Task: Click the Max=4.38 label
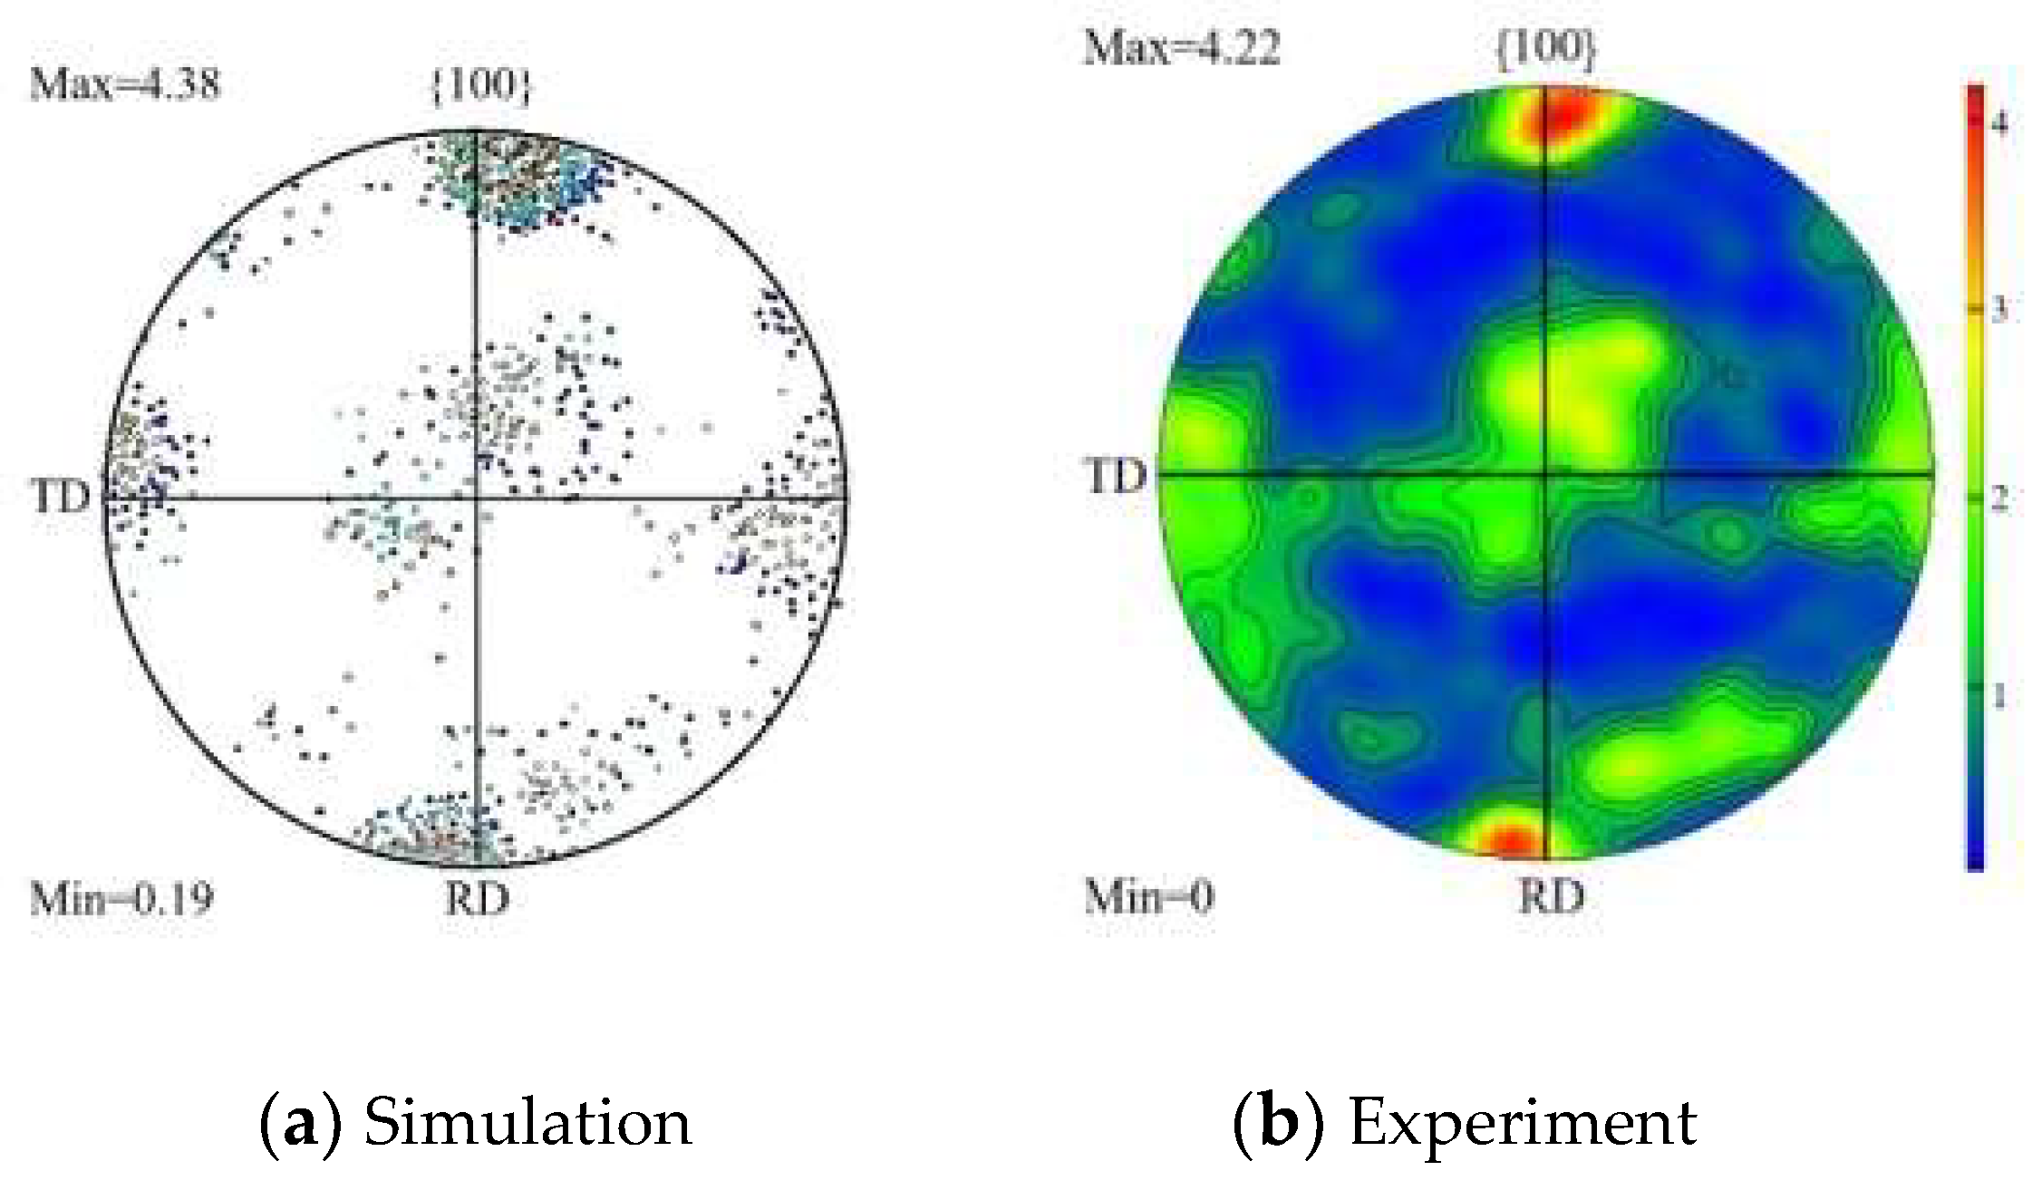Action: [125, 84]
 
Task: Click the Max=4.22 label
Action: [1182, 47]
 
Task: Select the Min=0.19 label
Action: [121, 899]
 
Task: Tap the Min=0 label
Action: [1148, 897]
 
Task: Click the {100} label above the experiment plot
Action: [1545, 47]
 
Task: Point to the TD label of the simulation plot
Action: [60, 497]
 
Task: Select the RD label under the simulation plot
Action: [478, 899]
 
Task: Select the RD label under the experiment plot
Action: [1552, 897]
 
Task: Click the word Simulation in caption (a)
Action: [527, 1123]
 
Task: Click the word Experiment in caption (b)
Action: [1523, 1123]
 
